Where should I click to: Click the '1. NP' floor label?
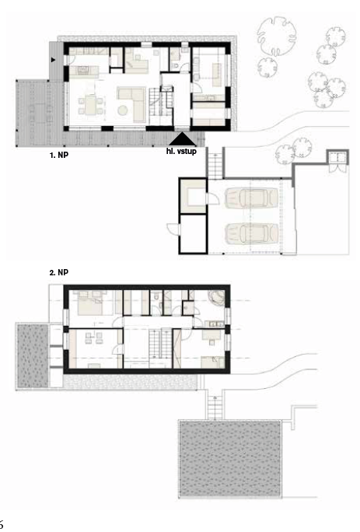(x=58, y=155)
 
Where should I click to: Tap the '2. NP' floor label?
(x=58, y=272)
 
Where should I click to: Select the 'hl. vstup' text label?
(x=181, y=151)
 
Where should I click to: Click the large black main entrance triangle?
(x=183, y=138)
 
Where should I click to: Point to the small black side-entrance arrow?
(x=53, y=60)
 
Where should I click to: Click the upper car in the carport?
(x=251, y=198)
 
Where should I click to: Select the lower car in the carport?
(x=251, y=233)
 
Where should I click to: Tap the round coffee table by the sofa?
(x=123, y=110)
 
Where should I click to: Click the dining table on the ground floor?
(x=91, y=105)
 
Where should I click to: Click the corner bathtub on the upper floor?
(x=216, y=298)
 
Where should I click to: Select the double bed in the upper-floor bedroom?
(x=90, y=303)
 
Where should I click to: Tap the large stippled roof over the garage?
(x=230, y=458)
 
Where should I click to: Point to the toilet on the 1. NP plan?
(x=175, y=65)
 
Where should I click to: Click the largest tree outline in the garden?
(x=275, y=37)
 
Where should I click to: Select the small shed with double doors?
(x=337, y=160)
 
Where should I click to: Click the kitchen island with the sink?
(x=84, y=72)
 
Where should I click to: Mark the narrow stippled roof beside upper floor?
(x=33, y=355)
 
